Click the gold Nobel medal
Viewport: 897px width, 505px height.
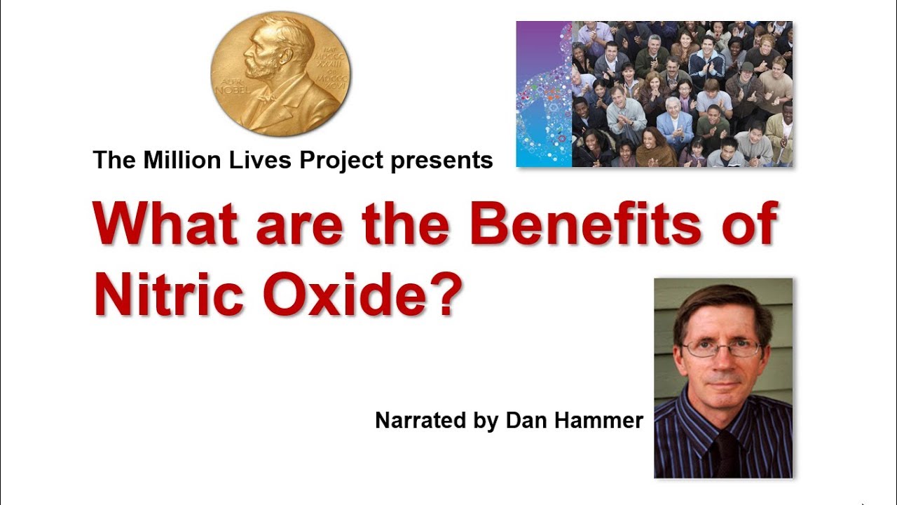pyautogui.click(x=280, y=73)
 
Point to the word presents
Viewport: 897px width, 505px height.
pyautogui.click(x=441, y=161)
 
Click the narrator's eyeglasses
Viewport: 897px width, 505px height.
pyautogui.click(x=722, y=349)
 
